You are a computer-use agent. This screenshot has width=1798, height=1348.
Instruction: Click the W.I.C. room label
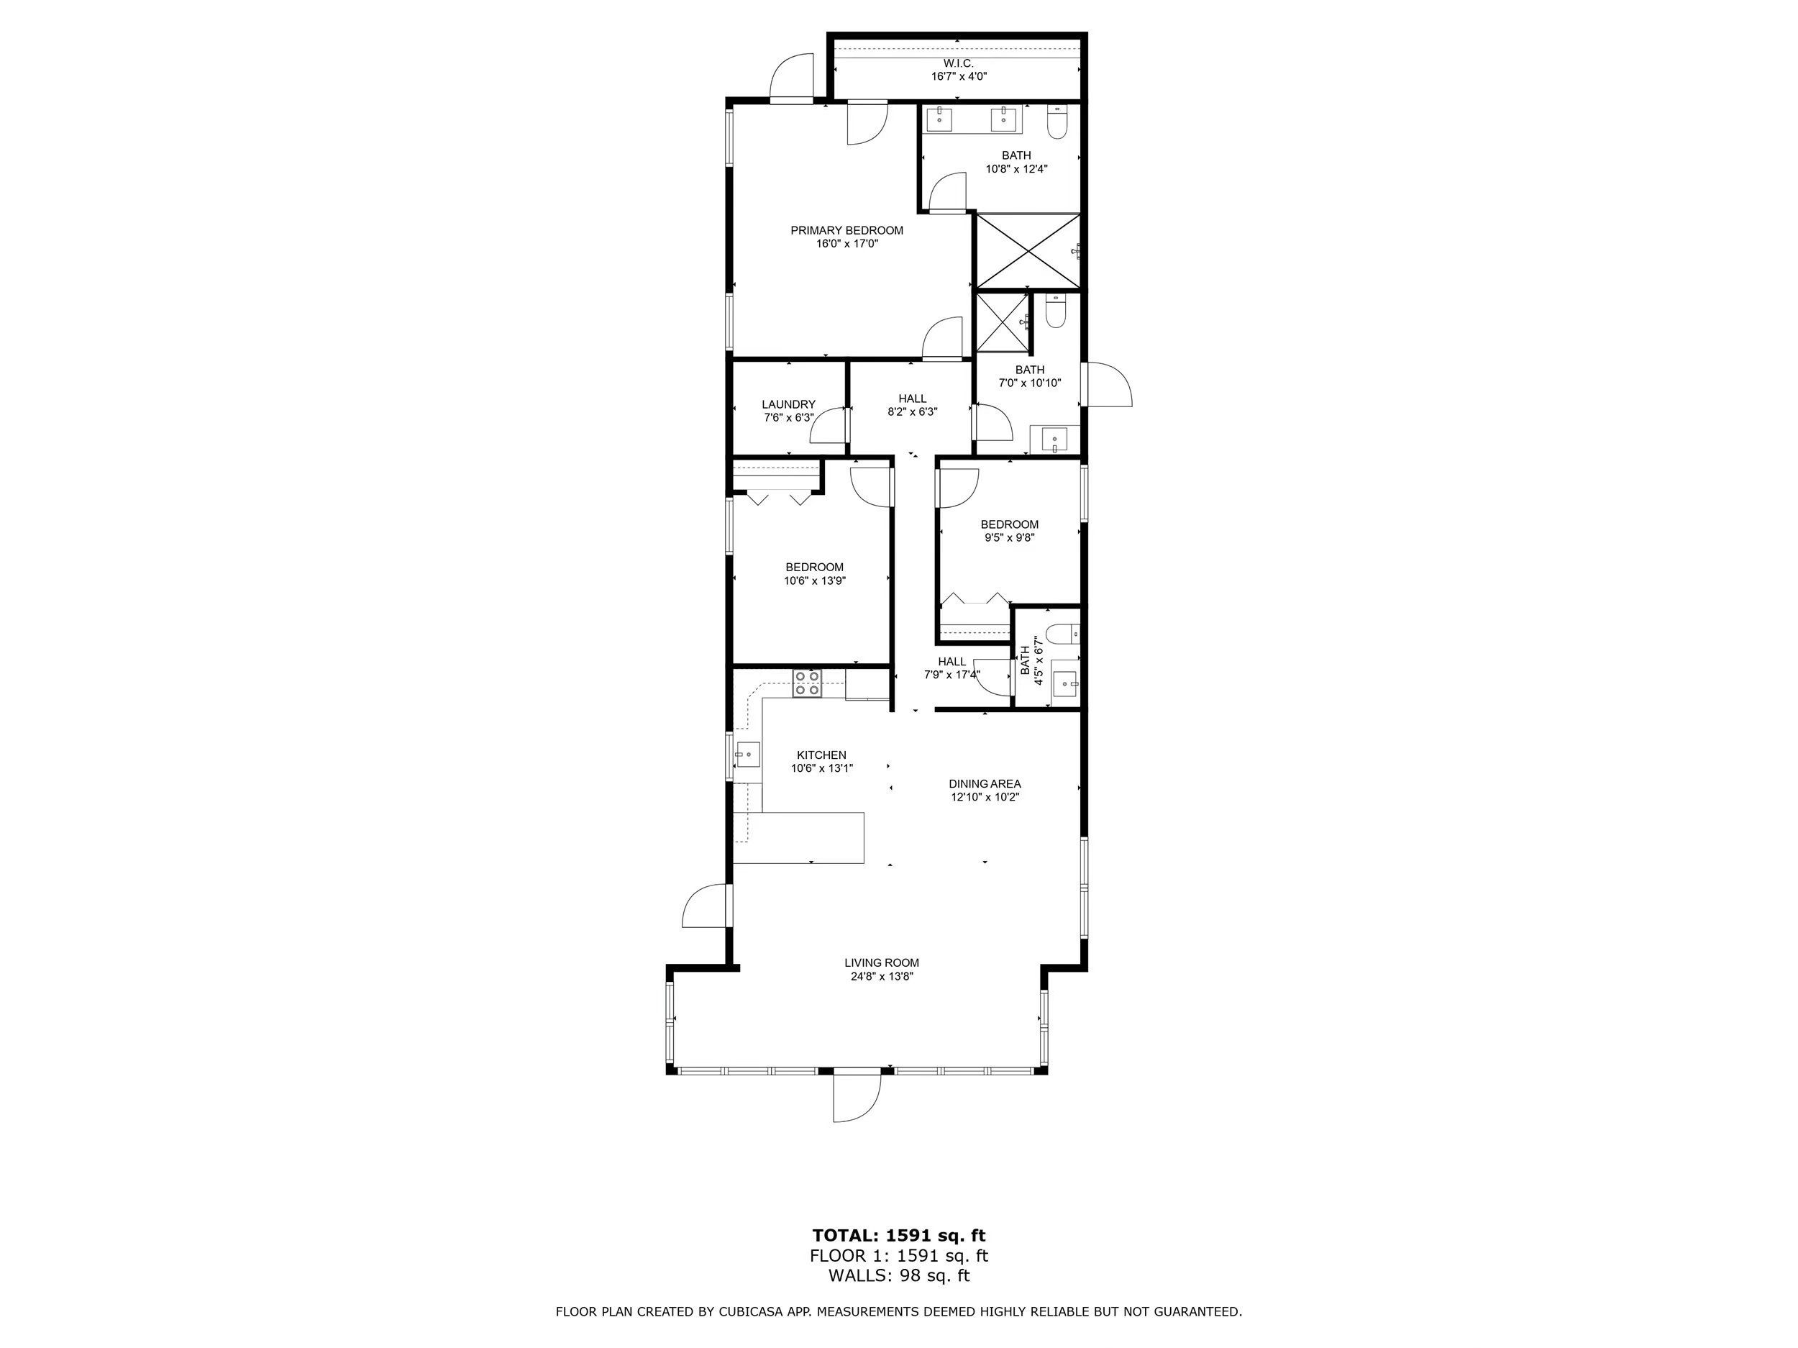(x=959, y=63)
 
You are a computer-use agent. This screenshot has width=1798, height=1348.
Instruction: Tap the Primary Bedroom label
(x=847, y=231)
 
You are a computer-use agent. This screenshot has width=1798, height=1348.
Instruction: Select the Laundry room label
(x=788, y=404)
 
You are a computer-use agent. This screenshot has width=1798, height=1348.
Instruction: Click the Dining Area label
(x=985, y=784)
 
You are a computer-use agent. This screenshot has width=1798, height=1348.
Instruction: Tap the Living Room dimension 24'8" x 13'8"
(x=882, y=976)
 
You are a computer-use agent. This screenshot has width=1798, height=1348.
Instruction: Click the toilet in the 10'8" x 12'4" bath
(x=1057, y=122)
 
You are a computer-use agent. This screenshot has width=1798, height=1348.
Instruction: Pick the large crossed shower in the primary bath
(x=1028, y=251)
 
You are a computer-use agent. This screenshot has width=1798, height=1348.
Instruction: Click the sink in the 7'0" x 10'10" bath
(x=1054, y=439)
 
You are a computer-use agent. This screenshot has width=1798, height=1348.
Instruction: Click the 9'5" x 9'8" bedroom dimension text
(x=1010, y=537)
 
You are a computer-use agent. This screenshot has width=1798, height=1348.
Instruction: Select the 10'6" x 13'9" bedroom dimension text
(x=814, y=580)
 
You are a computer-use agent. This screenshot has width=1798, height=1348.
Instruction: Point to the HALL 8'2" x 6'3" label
(x=913, y=405)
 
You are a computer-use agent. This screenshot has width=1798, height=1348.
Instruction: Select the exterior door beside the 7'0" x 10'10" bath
(x=1107, y=383)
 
